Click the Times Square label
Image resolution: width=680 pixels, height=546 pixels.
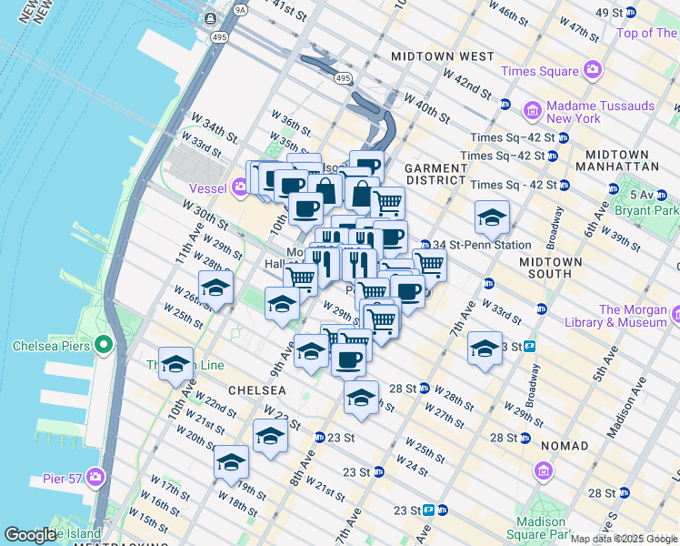click(x=539, y=71)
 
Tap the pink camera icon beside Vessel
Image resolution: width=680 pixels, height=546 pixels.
click(x=240, y=187)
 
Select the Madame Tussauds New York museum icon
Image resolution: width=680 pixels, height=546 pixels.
click(x=533, y=111)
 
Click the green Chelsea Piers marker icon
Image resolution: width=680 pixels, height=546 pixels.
click(x=103, y=346)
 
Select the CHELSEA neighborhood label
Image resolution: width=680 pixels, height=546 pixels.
click(x=257, y=389)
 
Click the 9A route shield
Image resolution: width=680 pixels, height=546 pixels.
click(x=240, y=10)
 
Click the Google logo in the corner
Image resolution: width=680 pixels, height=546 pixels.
click(x=29, y=535)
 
